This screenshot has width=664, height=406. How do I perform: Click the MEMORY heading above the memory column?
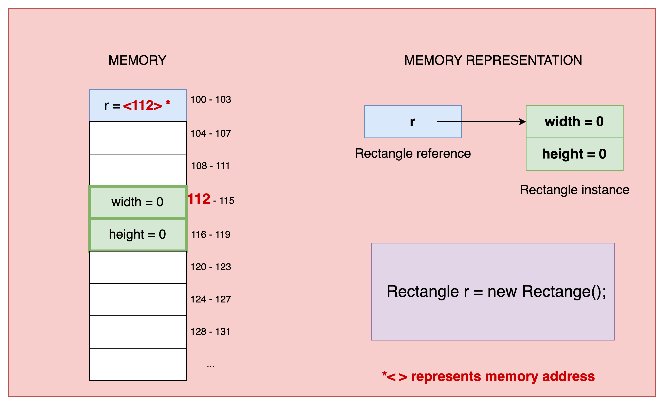pos(137,60)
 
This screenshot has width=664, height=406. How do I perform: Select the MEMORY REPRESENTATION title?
pos(493,60)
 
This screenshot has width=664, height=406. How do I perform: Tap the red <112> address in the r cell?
pos(142,105)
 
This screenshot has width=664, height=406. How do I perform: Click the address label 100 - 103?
pos(211,99)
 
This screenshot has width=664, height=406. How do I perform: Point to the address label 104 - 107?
pos(211,133)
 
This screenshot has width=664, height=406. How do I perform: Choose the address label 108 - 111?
pos(210,166)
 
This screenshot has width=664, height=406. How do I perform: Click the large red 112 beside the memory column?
pos(199,199)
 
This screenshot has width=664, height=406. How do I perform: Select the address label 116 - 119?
pos(211,234)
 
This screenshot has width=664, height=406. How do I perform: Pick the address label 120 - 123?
pos(211,267)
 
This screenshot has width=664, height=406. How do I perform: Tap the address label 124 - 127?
pos(211,299)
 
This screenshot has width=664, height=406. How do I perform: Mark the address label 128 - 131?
pos(210,331)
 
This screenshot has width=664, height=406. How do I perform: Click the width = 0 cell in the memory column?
pos(138,202)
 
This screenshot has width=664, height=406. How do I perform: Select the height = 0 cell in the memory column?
pos(138,234)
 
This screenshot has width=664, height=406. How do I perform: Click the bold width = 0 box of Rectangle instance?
pos(575,122)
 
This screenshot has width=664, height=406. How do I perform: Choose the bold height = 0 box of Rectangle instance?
pos(575,154)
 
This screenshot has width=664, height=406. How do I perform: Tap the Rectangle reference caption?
pos(413,153)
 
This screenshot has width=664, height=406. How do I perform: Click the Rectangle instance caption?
pos(575,190)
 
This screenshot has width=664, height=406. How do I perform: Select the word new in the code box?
pos(502,292)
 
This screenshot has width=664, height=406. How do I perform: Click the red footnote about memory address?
pos(488,376)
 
